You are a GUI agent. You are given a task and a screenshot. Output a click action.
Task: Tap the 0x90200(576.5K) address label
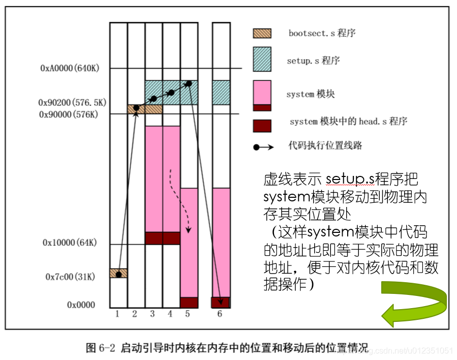point(72,102)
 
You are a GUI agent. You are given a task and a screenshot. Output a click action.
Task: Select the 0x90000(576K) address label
point(68,114)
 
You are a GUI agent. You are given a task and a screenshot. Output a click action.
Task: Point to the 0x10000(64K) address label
point(70,243)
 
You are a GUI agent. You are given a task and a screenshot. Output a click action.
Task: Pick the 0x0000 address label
point(81,305)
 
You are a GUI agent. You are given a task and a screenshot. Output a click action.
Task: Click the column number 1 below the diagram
point(117,314)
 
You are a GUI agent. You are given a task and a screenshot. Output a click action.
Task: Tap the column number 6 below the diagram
point(220,314)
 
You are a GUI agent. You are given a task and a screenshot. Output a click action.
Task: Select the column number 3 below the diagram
point(153,314)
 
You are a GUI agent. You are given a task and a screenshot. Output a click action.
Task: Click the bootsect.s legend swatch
point(262,34)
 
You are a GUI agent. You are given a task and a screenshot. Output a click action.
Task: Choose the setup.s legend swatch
point(262,59)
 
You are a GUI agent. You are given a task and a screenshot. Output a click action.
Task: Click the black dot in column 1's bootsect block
point(118,275)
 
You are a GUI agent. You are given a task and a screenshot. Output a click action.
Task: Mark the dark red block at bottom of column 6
point(221,302)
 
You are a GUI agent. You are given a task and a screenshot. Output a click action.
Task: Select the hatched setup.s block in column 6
point(221,93)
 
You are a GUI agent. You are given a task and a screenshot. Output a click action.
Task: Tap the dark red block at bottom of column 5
point(189,302)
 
